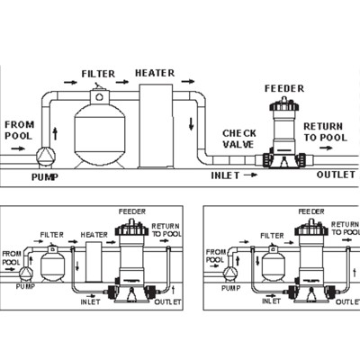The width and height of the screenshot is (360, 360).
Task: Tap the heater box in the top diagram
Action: (x=156, y=126)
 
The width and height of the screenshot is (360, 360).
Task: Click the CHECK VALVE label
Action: (x=239, y=139)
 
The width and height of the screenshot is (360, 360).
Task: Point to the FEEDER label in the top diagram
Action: (x=284, y=88)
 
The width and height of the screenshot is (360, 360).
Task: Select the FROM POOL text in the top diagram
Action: (x=19, y=130)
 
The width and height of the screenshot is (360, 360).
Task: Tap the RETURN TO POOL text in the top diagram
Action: (x=325, y=132)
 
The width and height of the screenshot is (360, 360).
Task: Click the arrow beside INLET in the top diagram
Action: (x=250, y=175)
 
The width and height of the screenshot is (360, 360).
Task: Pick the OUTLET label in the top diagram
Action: (x=336, y=175)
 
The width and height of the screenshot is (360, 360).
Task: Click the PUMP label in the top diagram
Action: (x=45, y=177)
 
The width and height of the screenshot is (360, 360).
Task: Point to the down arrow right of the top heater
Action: (x=191, y=123)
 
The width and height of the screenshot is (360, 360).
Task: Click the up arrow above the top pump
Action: (x=55, y=133)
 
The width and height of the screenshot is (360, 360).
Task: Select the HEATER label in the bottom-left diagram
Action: (x=94, y=235)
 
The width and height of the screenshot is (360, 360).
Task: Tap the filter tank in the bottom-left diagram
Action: (x=52, y=265)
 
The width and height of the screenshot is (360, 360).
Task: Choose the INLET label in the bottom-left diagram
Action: (x=90, y=301)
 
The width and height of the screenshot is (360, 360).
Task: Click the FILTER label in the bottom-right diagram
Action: (x=272, y=236)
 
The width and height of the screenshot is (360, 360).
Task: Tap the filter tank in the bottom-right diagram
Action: (x=273, y=265)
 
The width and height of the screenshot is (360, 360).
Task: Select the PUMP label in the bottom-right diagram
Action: (x=231, y=288)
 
